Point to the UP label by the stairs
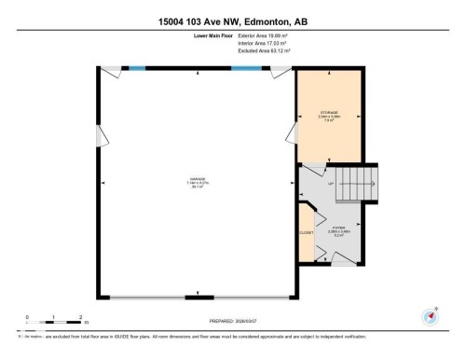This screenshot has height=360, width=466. [x=329, y=184]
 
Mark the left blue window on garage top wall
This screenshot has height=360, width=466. [x=137, y=67]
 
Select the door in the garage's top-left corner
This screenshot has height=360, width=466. [x=110, y=71]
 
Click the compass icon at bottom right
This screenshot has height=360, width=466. [x=432, y=315]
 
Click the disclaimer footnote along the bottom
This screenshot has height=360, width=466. [x=186, y=336]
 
